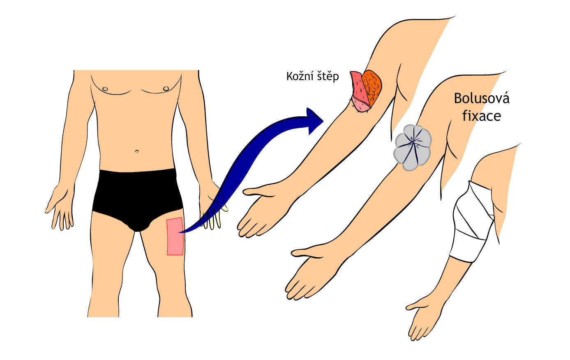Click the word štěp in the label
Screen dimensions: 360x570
pos(328,77)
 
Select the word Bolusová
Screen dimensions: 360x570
pos(482,99)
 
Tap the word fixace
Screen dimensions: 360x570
pos(482,116)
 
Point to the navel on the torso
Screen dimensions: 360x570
pos(137,151)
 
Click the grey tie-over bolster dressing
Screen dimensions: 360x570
pos(412,148)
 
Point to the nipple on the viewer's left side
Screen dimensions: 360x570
pos(106,89)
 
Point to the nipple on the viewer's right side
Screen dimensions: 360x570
pos(166,88)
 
